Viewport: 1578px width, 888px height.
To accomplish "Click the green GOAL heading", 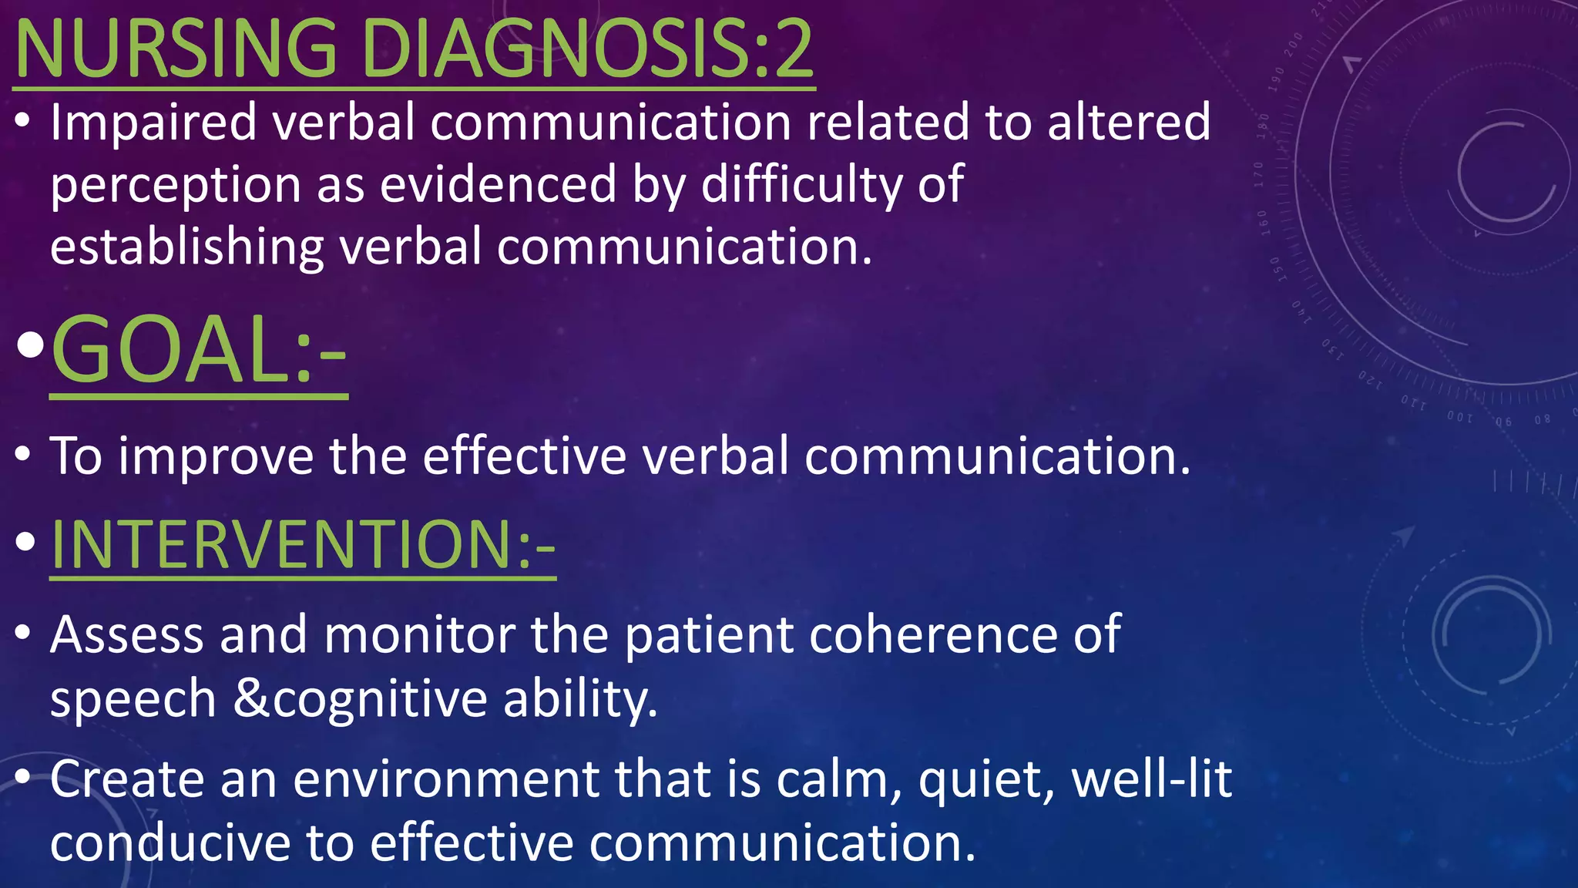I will [198, 351].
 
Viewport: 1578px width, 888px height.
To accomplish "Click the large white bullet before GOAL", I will [30, 347].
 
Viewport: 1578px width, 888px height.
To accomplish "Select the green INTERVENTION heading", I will [302, 544].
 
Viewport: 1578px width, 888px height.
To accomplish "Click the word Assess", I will [127, 635].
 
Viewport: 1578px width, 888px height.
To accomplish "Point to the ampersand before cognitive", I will [251, 698].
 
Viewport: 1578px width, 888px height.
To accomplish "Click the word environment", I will [445, 779].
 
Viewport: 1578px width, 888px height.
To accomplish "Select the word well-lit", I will [1152, 779].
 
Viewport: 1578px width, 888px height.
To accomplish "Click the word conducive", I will [170, 843].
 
